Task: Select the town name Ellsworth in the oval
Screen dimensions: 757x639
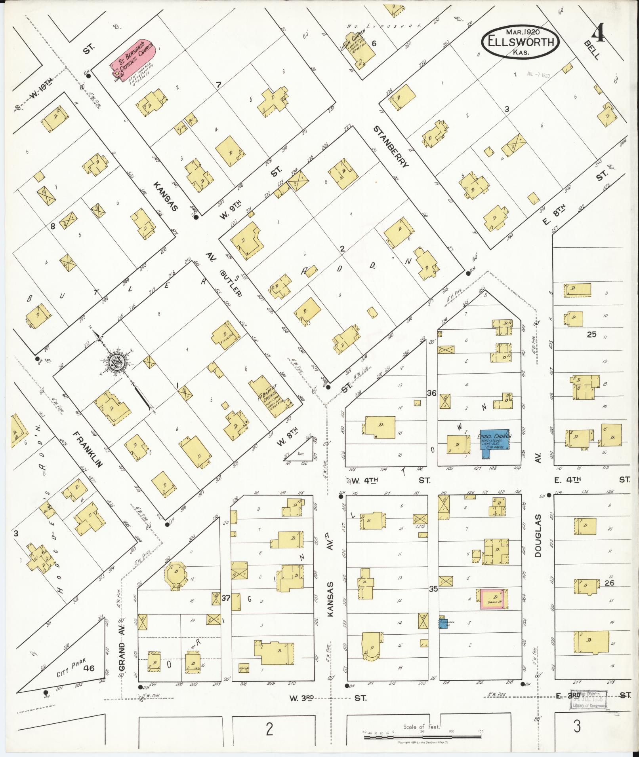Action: (x=521, y=42)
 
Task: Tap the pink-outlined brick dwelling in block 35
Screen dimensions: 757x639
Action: (x=494, y=598)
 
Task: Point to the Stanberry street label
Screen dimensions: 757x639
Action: (x=391, y=147)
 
